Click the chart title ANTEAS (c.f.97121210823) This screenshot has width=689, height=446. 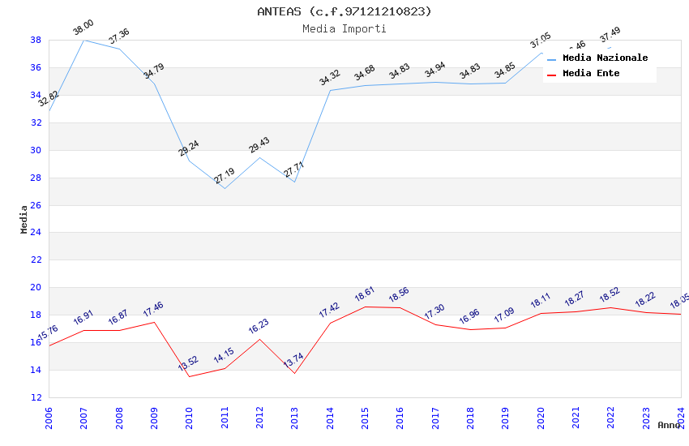pos(344,11)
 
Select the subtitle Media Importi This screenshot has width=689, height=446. pos(344,28)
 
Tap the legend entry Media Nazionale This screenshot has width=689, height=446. pos(605,58)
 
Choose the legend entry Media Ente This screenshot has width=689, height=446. pos(591,73)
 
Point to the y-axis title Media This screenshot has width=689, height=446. pos(24,219)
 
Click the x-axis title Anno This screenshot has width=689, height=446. pos(669,425)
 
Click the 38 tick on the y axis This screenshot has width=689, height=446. pos(36,40)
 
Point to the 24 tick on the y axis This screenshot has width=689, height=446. pos(36,233)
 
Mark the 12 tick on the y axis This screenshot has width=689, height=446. pos(36,397)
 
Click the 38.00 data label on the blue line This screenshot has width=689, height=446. pos(83,28)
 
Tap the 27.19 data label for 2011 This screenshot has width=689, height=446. pos(225,175)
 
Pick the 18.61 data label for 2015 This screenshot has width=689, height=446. pos(365,294)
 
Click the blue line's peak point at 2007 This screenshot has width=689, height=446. pos(83,40)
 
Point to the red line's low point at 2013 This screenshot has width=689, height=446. pos(294,373)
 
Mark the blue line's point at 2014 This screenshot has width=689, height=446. pos(330,90)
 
